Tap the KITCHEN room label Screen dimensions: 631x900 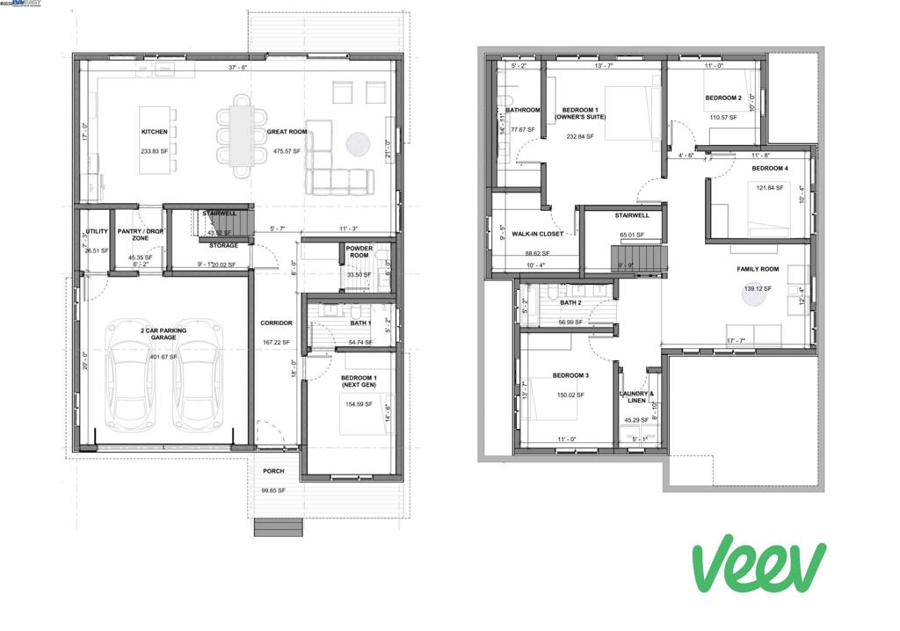[x=154, y=132]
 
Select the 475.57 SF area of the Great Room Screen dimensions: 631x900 [x=287, y=152]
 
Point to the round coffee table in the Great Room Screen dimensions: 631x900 [x=358, y=143]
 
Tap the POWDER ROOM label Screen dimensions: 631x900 [x=359, y=252]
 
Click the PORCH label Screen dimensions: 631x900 [x=273, y=471]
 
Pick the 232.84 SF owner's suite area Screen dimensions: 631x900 [x=580, y=136]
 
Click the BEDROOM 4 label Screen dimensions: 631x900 [x=769, y=168]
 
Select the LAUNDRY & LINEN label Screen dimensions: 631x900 [x=637, y=397]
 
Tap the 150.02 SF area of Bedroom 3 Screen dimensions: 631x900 [x=570, y=395]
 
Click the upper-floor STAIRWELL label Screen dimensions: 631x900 [x=632, y=214]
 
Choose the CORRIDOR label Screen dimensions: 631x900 [x=275, y=323]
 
